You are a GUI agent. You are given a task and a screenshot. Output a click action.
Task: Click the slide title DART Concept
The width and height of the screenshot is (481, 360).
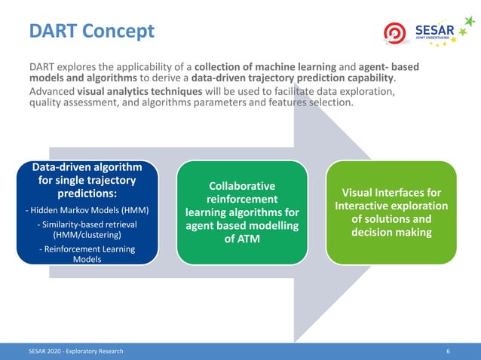(91, 31)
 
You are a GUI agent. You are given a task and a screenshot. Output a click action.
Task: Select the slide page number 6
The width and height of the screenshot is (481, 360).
(449, 352)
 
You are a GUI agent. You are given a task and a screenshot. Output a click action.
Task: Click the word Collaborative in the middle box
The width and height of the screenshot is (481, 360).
(241, 185)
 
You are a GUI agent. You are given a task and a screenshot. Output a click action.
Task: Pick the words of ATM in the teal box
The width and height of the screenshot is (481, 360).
(241, 239)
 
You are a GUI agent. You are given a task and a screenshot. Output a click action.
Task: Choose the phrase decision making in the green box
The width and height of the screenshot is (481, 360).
(391, 233)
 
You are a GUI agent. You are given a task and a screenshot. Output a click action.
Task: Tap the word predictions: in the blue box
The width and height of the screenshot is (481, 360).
(87, 194)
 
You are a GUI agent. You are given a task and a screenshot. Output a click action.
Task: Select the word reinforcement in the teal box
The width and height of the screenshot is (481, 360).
(241, 199)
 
